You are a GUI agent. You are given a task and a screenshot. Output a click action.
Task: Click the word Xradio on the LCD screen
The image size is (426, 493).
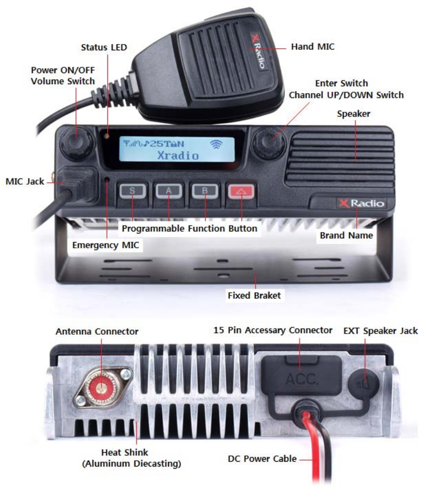click(178, 156)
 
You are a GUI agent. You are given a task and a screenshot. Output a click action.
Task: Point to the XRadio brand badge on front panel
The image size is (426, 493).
click(362, 203)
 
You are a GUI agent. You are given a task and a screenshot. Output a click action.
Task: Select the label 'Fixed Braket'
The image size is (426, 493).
click(254, 296)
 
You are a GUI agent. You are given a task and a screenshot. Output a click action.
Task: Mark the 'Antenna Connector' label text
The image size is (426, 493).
click(97, 331)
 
